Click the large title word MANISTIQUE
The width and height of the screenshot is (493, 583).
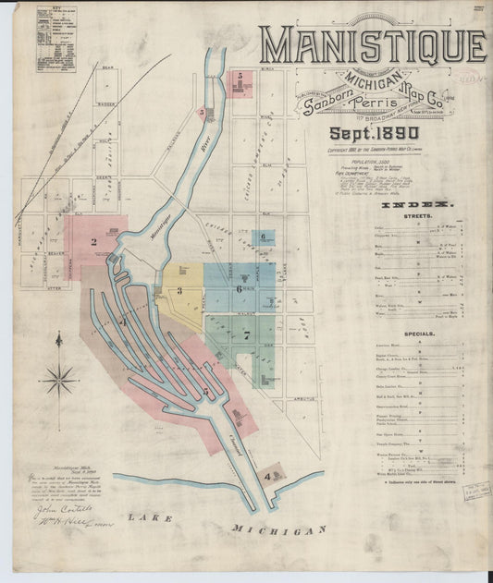point(372,45)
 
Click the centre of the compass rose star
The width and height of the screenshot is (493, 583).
point(59,377)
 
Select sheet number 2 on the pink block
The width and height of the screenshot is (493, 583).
point(93,243)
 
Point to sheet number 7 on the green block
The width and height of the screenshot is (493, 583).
point(246,336)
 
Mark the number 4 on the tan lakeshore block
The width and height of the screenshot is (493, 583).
point(267,477)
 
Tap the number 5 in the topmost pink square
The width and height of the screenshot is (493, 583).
point(240,75)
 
